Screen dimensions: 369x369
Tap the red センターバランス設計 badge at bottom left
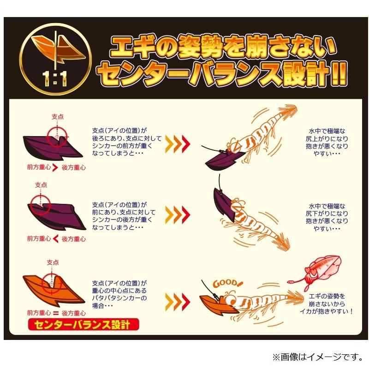[x=79, y=325]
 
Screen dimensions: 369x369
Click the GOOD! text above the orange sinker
[x=225, y=283]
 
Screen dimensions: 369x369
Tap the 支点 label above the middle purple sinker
[x=41, y=184]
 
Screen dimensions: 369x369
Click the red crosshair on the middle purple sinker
[x=41, y=204]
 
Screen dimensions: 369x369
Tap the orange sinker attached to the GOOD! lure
[x=214, y=301]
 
